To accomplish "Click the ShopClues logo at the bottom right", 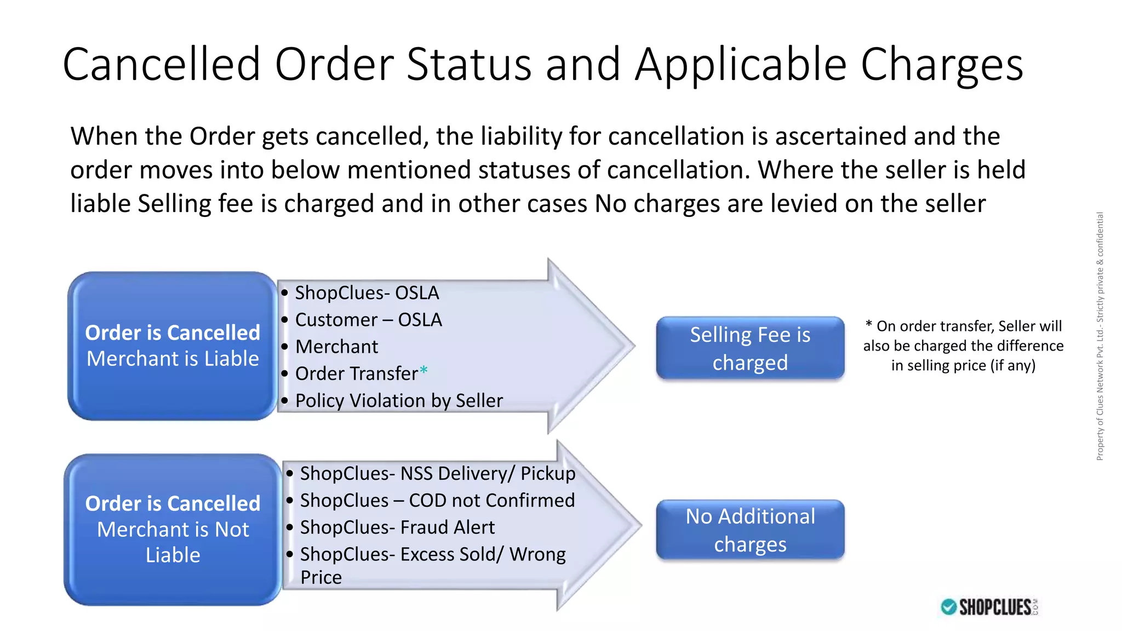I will coord(989,607).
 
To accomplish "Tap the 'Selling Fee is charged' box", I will coord(750,348).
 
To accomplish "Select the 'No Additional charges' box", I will coord(750,530).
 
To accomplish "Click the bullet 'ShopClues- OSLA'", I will coord(367,292).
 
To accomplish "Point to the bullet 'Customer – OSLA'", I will coord(368,319).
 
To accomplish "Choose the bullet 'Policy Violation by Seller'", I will coord(398,400).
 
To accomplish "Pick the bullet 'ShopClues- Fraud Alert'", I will coord(397,527).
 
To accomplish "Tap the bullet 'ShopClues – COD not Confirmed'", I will coord(437,500).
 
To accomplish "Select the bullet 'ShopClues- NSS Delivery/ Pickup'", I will coord(437,473).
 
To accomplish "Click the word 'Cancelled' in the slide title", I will coord(162,65).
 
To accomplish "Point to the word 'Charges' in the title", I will coord(941,65).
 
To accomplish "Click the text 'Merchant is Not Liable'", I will coord(173,542).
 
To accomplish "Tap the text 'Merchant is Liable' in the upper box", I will coord(173,358).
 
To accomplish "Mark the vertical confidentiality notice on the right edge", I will coord(1100,336).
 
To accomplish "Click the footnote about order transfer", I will coord(963,346).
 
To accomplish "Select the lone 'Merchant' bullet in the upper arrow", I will coord(336,346).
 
